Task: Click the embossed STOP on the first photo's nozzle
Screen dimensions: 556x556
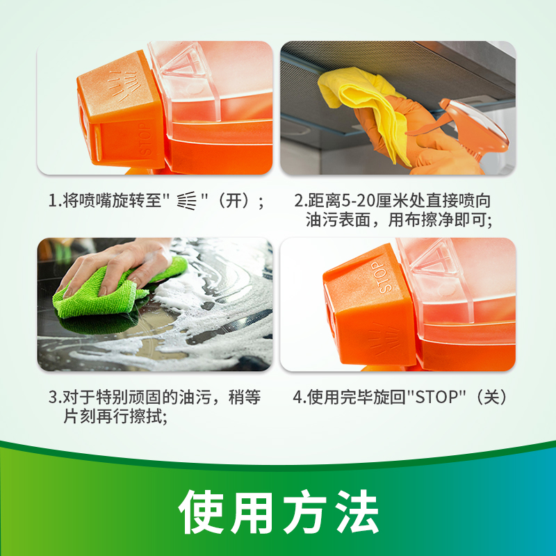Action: (x=146, y=140)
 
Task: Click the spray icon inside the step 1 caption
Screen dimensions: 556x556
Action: (x=186, y=201)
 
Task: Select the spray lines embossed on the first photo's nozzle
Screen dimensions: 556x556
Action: (x=123, y=85)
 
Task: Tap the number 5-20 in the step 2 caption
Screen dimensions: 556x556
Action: (x=358, y=201)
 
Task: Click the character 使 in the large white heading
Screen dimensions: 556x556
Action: (x=201, y=512)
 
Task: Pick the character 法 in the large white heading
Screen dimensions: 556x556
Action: (x=358, y=512)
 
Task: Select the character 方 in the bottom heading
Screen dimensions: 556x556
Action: (x=305, y=512)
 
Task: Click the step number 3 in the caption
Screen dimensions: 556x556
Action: (x=53, y=397)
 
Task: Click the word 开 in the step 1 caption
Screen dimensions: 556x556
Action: (x=234, y=201)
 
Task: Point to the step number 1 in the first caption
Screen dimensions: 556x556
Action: (x=53, y=201)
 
